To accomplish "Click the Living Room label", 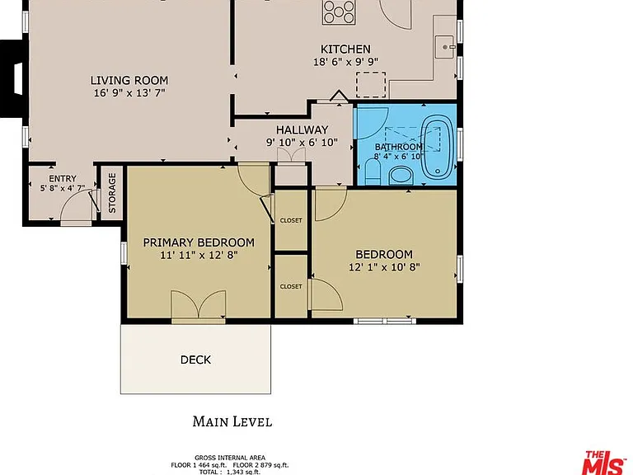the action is point(129,80).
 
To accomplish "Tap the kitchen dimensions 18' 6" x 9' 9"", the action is point(345,62).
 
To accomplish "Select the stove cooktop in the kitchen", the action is point(339,12).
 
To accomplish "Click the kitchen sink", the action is point(445,47).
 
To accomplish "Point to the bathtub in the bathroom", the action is point(436,147).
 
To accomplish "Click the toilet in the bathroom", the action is point(373,172).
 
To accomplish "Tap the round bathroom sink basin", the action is point(401,176).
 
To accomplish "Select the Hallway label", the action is point(302,130).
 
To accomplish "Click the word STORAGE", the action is point(112,193).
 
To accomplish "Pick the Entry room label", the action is point(63,178).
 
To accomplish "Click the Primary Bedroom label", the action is point(199,242).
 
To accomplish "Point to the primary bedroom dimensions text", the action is point(199,256).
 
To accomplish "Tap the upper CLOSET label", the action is point(291,220).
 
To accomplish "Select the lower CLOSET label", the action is point(291,286).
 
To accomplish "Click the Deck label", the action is point(195,360).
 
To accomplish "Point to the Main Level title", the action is point(232,421).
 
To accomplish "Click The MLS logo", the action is point(603,463).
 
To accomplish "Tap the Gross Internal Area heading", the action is point(230,458).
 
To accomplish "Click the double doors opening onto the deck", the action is point(199,307).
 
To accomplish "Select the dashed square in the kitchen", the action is point(371,84).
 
